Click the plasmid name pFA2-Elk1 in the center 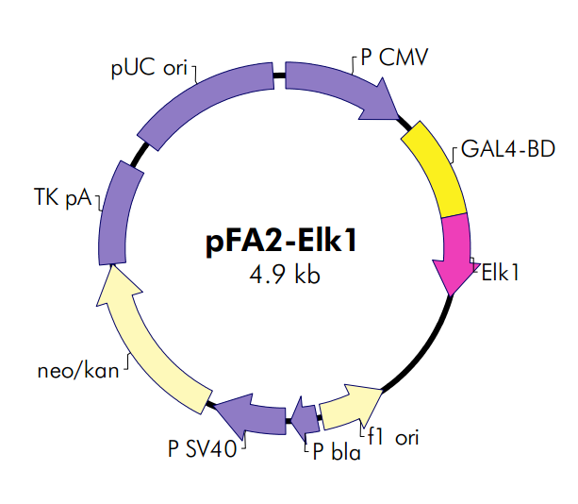coord(280,243)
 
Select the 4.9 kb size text coord(280,275)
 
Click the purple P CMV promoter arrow coord(344,91)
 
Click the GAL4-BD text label coord(507,150)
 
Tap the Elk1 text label coord(502,275)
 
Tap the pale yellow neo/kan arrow coord(146,340)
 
